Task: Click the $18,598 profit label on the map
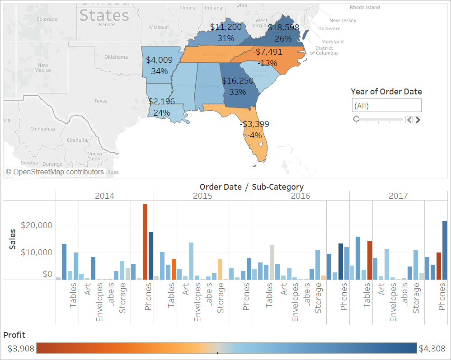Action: (x=283, y=27)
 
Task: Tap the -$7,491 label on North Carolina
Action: (x=268, y=52)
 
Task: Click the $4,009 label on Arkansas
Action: (x=159, y=60)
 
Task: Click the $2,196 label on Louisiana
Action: (x=161, y=102)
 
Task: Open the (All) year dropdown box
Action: (x=386, y=106)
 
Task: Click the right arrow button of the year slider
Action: (x=418, y=120)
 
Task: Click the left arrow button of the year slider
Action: (x=409, y=120)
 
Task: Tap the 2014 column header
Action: (x=104, y=196)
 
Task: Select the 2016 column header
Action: (x=301, y=196)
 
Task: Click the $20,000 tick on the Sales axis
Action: (x=37, y=225)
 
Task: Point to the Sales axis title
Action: (x=14, y=239)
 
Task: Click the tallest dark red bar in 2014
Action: (x=145, y=242)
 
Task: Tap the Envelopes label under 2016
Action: (x=295, y=302)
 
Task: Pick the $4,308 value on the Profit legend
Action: (x=432, y=349)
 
